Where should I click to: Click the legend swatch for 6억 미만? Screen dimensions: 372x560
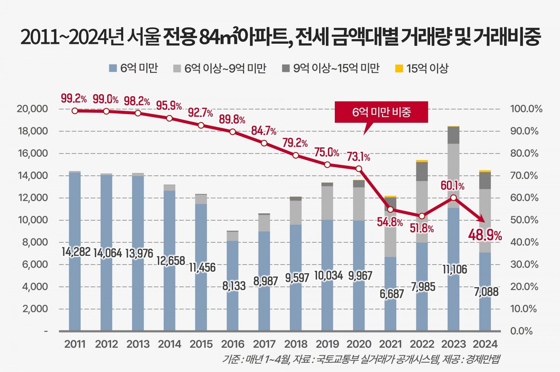pyautogui.click(x=113, y=68)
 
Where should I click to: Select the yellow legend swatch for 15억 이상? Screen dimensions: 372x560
pyautogui.click(x=399, y=69)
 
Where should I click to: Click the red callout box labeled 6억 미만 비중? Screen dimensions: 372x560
pyautogui.click(x=381, y=112)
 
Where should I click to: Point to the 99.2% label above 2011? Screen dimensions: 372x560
pyautogui.click(x=74, y=99)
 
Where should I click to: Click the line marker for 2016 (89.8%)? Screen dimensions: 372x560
pyautogui.click(x=233, y=132)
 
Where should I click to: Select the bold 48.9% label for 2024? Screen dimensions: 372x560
pyautogui.click(x=485, y=235)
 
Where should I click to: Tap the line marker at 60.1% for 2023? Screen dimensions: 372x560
pyautogui.click(x=453, y=198)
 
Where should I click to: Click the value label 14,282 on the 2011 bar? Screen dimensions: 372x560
pyautogui.click(x=76, y=252)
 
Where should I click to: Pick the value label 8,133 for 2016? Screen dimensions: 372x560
pyautogui.click(x=234, y=286)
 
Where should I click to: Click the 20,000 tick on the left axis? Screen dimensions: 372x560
pyautogui.click(x=32, y=109)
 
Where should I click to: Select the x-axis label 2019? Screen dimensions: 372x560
pyautogui.click(x=327, y=344)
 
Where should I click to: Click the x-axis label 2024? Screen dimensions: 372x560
pyautogui.click(x=485, y=344)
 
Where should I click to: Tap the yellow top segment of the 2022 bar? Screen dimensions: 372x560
pyautogui.click(x=422, y=161)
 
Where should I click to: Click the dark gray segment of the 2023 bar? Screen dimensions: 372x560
pyautogui.click(x=453, y=135)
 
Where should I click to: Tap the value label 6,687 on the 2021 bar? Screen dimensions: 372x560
pyautogui.click(x=392, y=294)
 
